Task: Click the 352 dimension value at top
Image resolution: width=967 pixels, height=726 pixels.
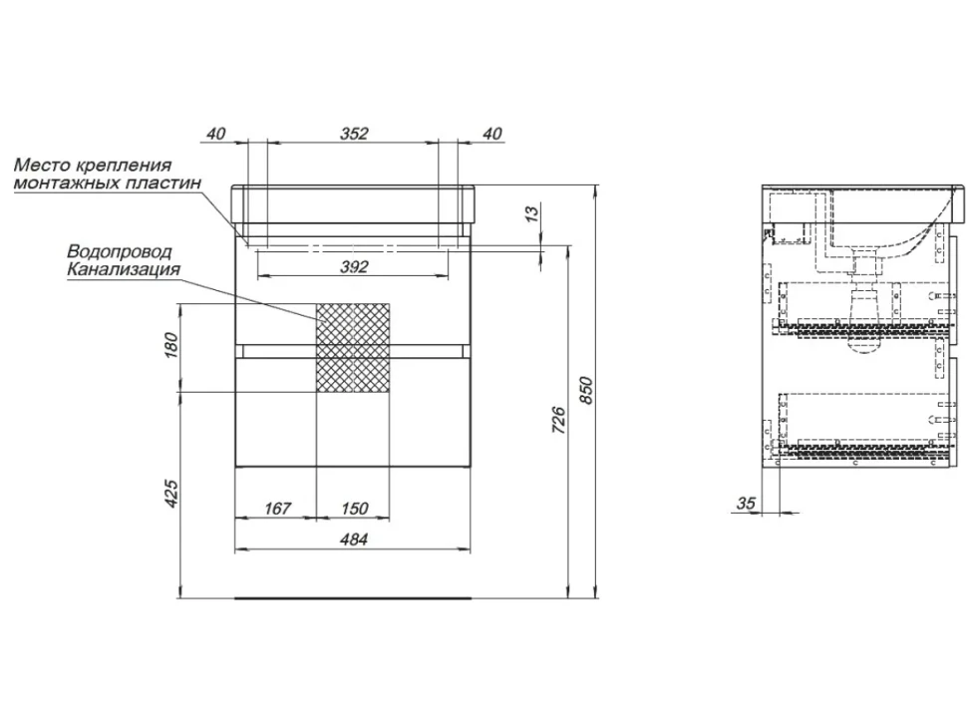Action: tap(355, 134)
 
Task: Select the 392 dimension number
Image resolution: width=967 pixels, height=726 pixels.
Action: tap(355, 266)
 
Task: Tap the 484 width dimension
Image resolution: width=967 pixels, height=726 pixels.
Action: tap(355, 540)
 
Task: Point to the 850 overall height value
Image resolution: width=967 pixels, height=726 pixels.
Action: tap(586, 390)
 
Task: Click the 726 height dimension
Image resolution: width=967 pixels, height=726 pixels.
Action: tap(558, 420)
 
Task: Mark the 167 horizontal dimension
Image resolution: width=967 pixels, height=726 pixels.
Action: tap(277, 509)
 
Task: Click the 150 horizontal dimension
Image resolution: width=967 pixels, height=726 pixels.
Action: tap(355, 509)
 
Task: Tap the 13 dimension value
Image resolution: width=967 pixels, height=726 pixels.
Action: tap(531, 212)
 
